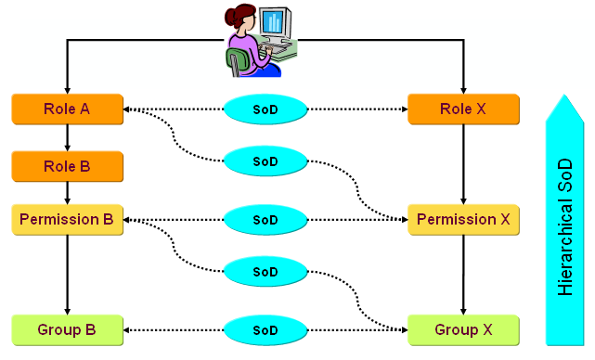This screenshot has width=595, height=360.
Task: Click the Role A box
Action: point(67,109)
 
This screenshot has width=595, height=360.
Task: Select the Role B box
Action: point(67,167)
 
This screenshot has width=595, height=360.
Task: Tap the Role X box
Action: point(463,109)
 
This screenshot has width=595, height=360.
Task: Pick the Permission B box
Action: point(67,220)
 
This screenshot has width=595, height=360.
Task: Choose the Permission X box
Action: point(463,220)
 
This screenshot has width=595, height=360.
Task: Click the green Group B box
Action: point(67,329)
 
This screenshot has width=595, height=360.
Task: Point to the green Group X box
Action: point(463,329)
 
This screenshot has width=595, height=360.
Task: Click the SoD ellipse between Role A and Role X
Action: point(265,109)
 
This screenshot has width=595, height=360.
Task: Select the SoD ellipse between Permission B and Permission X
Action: point(265,220)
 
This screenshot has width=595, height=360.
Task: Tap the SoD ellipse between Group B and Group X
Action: point(265,329)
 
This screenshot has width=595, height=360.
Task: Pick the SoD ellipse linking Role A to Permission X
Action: point(265,161)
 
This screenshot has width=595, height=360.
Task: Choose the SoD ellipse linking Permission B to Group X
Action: point(265,272)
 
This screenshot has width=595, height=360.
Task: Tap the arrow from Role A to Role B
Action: point(67,137)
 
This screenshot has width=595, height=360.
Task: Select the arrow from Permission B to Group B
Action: point(67,275)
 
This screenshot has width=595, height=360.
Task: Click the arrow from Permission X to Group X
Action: point(463,275)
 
